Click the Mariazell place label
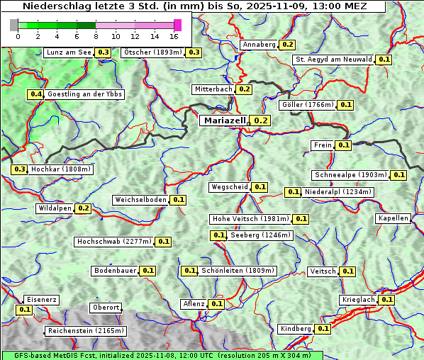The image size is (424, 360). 224,120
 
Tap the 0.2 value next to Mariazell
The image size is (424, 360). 261,120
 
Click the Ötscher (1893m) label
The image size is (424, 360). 152,52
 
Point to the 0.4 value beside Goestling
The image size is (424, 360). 35,94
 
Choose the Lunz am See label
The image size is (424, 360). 68,52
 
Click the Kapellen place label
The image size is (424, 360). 394,218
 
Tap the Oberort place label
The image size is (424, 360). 106,308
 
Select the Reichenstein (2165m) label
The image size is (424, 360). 86,331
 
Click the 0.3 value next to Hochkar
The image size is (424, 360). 19,169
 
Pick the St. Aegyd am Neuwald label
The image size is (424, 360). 333,60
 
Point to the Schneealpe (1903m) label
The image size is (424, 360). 350,175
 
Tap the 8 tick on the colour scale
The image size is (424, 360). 96,36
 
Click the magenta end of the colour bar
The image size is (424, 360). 177,25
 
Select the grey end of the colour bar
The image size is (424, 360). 14,25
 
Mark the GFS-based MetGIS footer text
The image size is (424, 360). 162,355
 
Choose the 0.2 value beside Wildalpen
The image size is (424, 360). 84,208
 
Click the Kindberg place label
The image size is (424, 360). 296,329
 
